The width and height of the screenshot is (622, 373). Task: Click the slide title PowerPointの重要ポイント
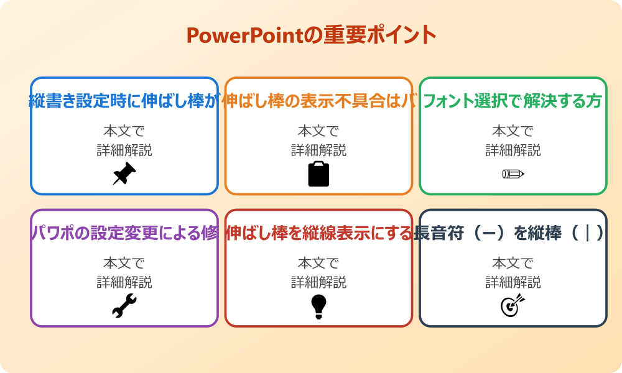(311, 35)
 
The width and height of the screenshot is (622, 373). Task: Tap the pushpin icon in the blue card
(124, 173)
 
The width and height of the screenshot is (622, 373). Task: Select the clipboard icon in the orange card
(318, 173)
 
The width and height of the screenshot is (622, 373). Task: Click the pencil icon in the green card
(513, 173)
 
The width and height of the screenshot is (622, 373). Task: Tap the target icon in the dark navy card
(513, 305)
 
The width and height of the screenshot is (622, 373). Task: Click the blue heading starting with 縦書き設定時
(124, 101)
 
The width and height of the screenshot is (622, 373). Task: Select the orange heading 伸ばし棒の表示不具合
(318, 101)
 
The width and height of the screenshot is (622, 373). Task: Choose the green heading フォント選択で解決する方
(513, 101)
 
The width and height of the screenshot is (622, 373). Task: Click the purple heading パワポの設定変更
(124, 233)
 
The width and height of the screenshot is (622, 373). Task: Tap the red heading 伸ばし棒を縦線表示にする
(318, 233)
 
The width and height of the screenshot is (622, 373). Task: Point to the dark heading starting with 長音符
(513, 233)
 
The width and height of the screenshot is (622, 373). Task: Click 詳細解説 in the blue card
(124, 150)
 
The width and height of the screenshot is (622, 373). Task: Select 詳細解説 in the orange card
(318, 150)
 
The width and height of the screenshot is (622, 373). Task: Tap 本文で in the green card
(513, 131)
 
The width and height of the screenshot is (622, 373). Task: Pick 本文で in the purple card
(124, 264)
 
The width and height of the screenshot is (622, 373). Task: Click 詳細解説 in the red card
(318, 282)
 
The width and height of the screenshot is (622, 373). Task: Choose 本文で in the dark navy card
(513, 264)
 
